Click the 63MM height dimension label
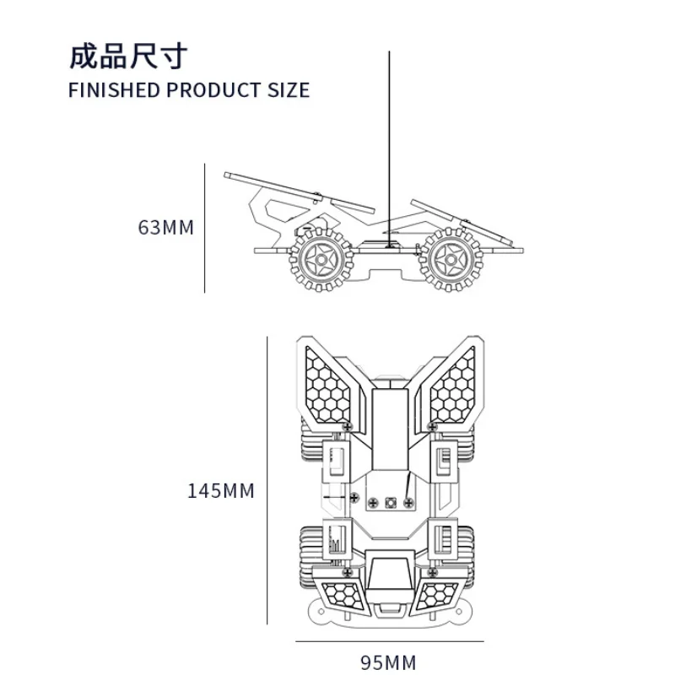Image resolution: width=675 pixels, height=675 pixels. [x=165, y=228]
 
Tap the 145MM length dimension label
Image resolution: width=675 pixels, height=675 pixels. [x=221, y=491]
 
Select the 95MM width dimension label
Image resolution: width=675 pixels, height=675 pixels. [x=388, y=662]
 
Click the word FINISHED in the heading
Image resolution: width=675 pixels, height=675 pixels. [x=114, y=90]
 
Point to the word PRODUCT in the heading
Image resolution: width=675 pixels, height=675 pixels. [x=213, y=90]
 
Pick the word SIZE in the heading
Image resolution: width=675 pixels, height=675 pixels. [x=289, y=90]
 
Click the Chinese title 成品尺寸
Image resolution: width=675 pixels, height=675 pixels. [x=128, y=57]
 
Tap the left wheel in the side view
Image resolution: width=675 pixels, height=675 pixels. [x=321, y=260]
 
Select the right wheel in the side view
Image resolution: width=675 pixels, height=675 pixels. [x=451, y=260]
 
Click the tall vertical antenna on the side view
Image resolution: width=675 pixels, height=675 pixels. [x=390, y=148]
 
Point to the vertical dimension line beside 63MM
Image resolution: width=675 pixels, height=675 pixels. [x=204, y=228]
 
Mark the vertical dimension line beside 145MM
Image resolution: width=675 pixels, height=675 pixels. [x=267, y=480]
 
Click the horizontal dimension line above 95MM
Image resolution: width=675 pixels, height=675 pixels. [x=390, y=641]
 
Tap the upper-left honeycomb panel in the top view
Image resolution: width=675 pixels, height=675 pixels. [x=327, y=386]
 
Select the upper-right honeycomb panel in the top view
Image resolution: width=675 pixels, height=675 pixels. [x=453, y=386]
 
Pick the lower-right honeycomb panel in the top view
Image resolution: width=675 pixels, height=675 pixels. [x=437, y=596]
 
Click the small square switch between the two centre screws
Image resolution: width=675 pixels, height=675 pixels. [x=391, y=502]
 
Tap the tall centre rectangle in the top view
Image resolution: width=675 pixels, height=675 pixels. [x=390, y=429]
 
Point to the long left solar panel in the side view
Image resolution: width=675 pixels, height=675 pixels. [x=300, y=192]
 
